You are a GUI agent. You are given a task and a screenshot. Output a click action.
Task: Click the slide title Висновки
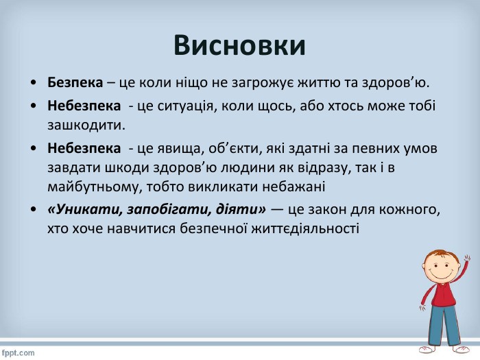coord(239,45)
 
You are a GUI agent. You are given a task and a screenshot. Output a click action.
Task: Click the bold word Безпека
coord(75,82)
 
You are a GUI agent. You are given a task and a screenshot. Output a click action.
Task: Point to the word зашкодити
coord(86,125)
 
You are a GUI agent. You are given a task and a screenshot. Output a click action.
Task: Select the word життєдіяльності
coord(305,229)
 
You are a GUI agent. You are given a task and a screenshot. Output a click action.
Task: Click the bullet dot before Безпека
coord(34,83)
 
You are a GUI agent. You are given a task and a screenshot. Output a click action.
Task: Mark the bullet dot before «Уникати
coord(34,210)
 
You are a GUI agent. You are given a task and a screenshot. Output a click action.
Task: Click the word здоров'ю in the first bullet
coord(396,83)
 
